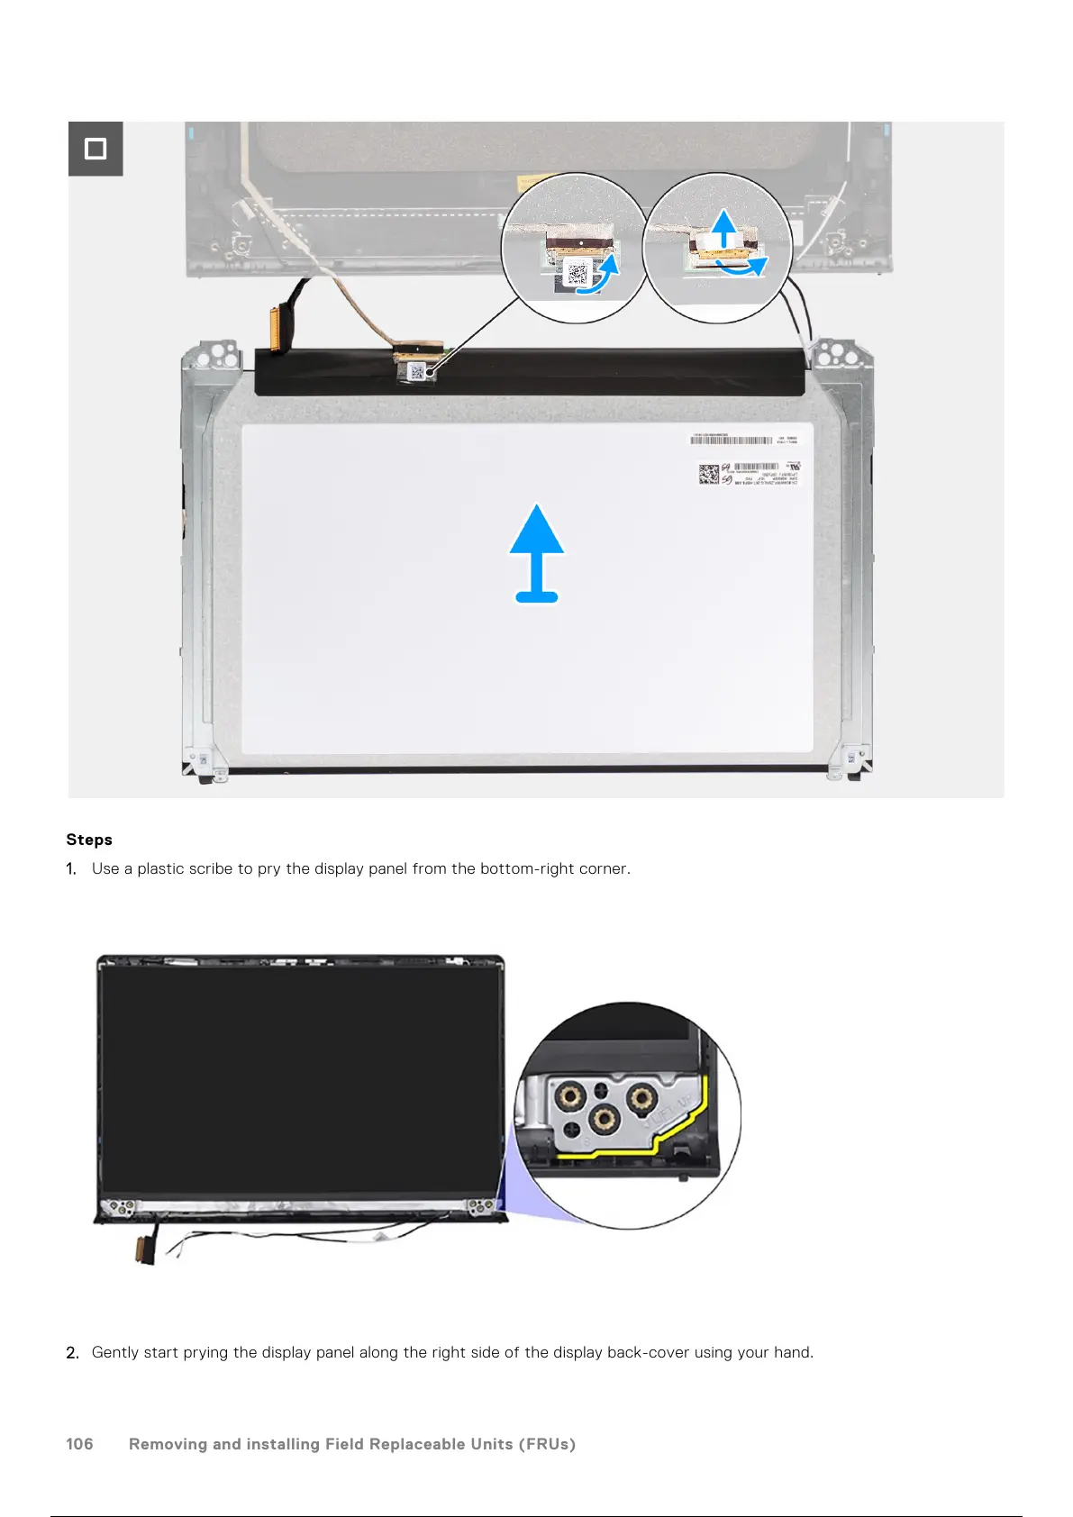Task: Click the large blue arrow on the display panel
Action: [x=537, y=551]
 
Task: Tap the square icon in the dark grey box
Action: [x=95, y=149]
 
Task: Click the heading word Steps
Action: [x=89, y=840]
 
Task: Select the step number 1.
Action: [x=71, y=869]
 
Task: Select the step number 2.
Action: [x=72, y=1352]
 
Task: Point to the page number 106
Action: [x=79, y=1444]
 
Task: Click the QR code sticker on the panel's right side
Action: [x=709, y=474]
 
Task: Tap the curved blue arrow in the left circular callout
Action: [x=600, y=276]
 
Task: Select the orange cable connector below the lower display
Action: [x=142, y=1250]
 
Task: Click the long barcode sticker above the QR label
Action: [x=732, y=441]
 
